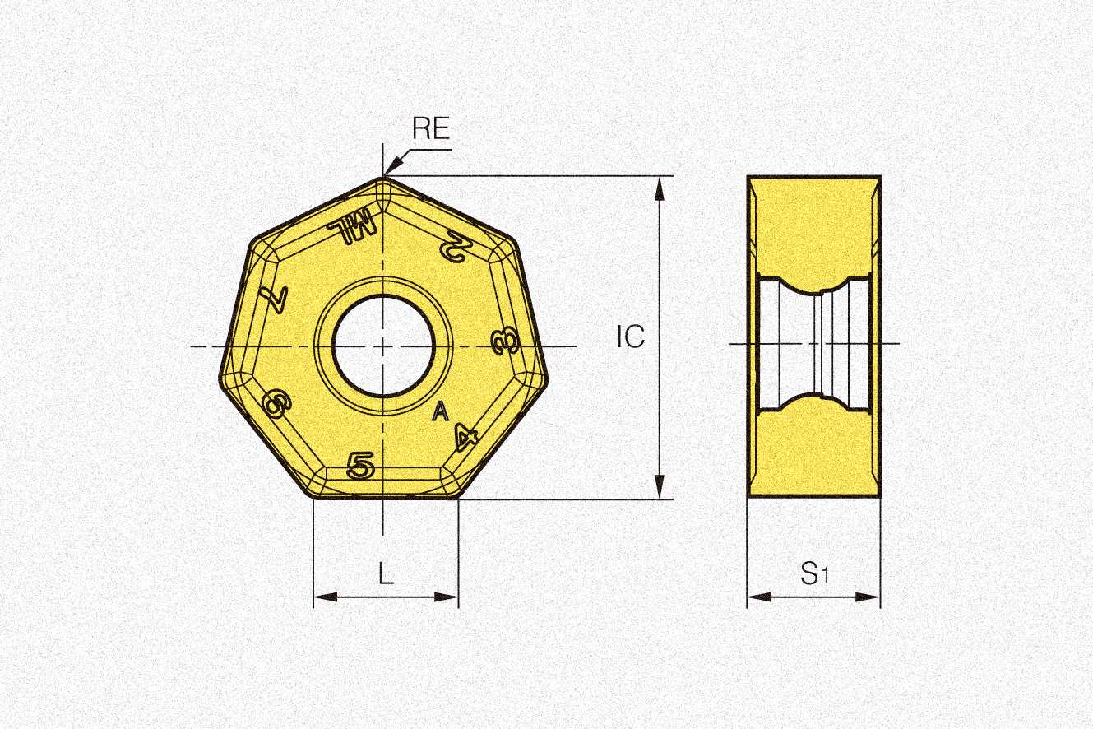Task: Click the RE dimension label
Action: point(430,128)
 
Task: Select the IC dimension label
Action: point(631,337)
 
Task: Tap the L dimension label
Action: point(386,573)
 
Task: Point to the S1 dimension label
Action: point(814,573)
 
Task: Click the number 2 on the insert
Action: point(453,247)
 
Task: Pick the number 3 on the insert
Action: point(505,341)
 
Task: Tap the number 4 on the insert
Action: point(465,437)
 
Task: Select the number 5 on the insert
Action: point(360,466)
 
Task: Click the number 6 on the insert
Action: point(276,404)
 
